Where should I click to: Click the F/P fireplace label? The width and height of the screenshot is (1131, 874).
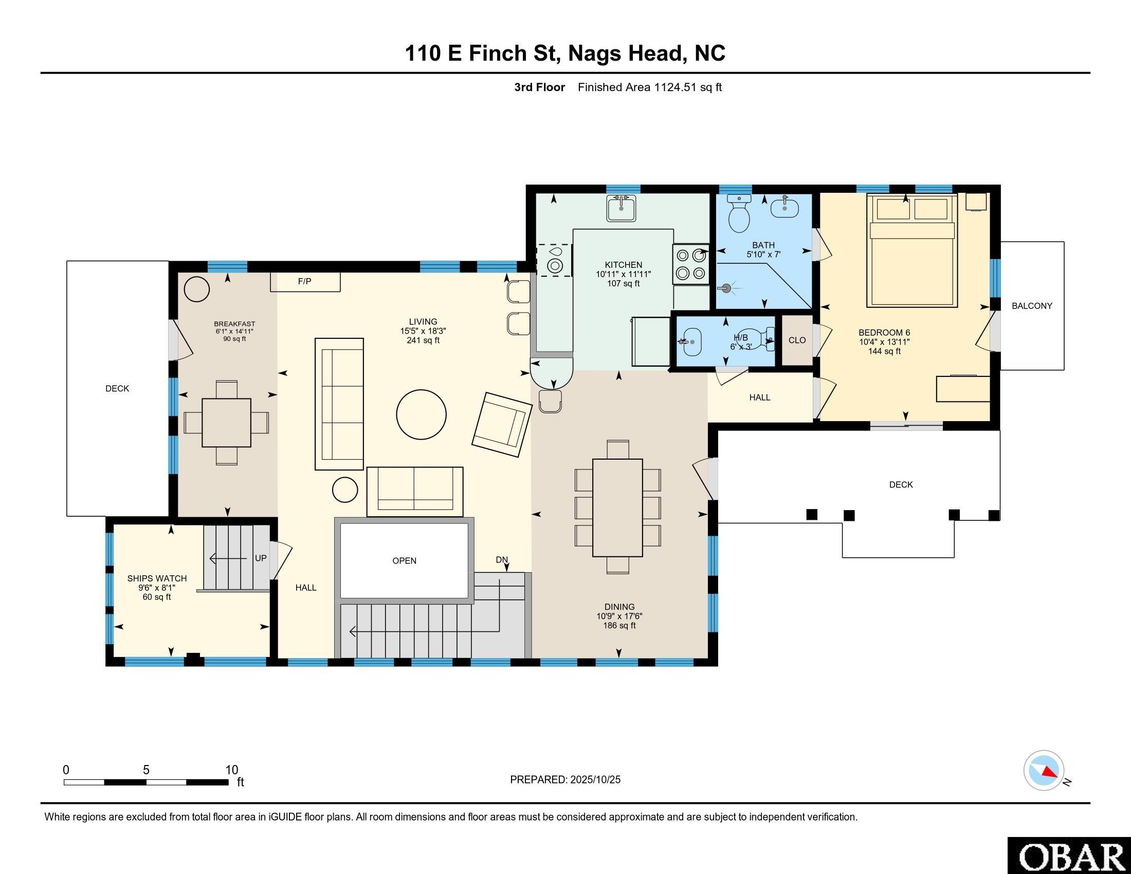pos(304,281)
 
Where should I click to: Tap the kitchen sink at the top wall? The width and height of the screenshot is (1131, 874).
pos(621,208)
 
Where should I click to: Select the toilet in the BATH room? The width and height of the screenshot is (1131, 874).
pos(739,213)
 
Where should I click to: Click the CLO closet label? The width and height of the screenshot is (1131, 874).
pos(797,340)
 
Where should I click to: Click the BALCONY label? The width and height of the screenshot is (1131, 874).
pos(1032,306)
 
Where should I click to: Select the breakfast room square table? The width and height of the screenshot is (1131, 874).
pos(226,423)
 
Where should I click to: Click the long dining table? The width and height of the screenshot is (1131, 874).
pos(618,507)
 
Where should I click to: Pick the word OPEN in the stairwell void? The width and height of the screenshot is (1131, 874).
pos(405,561)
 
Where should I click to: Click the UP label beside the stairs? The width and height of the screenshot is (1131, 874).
pos(261,558)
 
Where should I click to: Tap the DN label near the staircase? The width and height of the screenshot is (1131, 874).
pos(502,560)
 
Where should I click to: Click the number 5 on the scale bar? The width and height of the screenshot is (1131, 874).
pos(146,770)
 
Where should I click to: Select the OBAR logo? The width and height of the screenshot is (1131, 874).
pos(1069,855)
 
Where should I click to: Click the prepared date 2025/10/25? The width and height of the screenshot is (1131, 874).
pos(595,780)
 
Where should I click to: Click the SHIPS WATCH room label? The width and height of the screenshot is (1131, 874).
pos(157,578)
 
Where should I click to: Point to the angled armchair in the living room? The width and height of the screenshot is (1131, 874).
pos(502,425)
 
